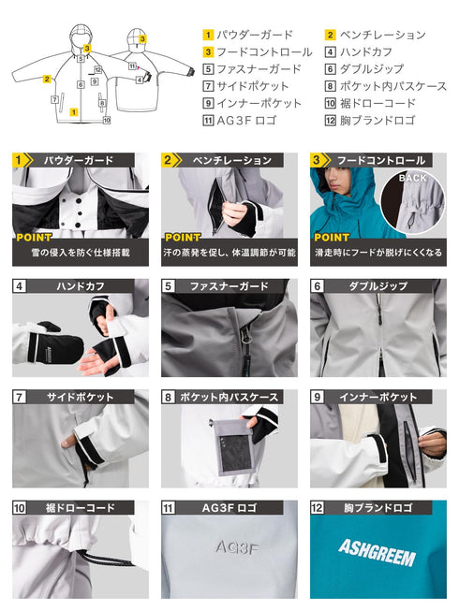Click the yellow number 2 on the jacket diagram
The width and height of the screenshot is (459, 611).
point(46,80)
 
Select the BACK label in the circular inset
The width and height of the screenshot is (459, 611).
point(411,176)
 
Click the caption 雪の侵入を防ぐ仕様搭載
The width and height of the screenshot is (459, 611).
point(80,254)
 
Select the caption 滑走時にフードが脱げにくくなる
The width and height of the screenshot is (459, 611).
point(378,254)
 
